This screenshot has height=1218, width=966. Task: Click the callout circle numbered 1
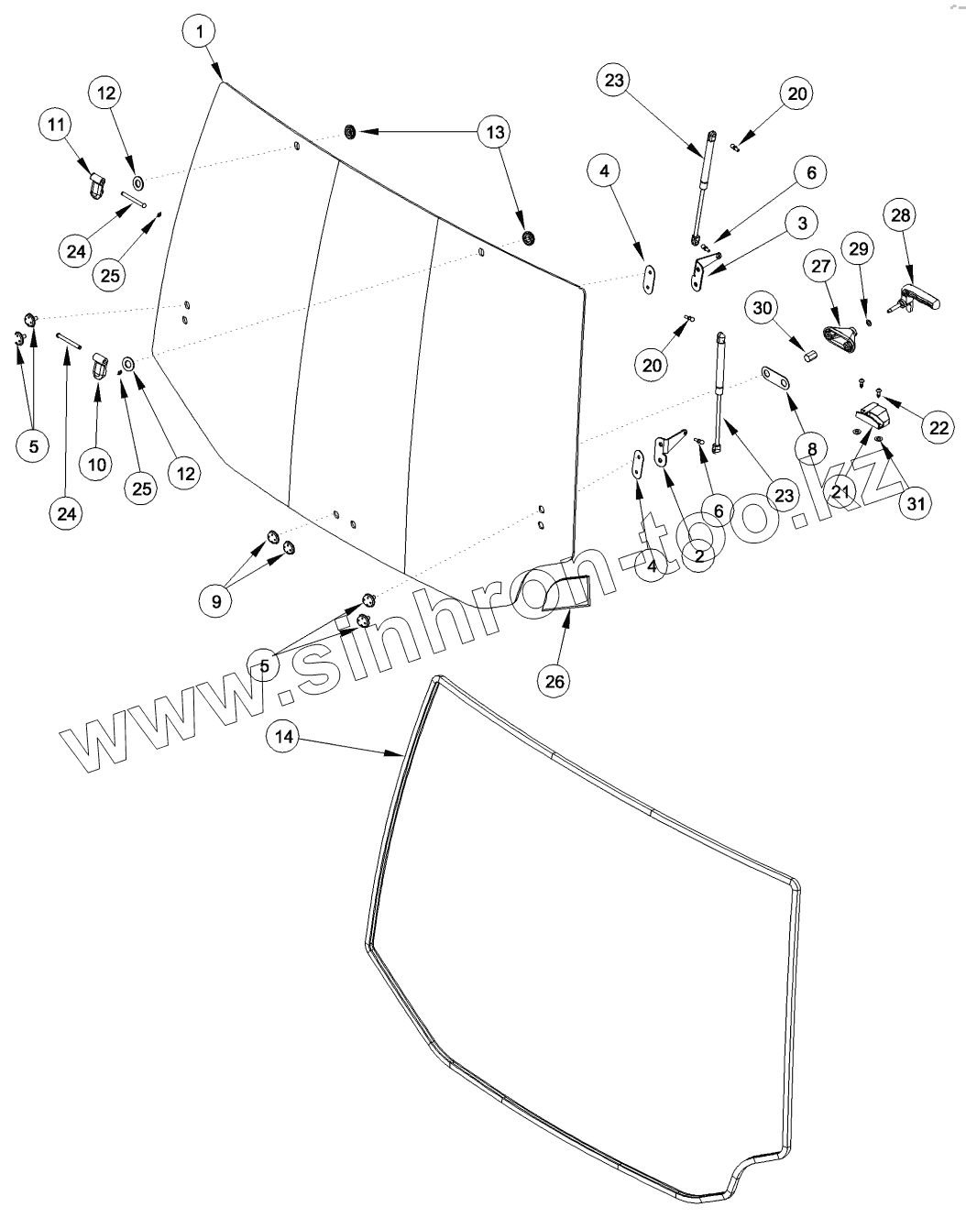pyautogui.click(x=198, y=32)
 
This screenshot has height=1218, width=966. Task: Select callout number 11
pyautogui.click(x=54, y=125)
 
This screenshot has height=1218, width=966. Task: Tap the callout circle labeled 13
pyautogui.click(x=495, y=133)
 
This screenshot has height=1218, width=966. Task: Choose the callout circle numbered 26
pyautogui.click(x=556, y=681)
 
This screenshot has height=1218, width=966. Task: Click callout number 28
pyautogui.click(x=901, y=215)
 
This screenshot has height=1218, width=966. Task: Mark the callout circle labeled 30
pyautogui.click(x=763, y=309)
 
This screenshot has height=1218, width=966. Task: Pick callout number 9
pyautogui.click(x=216, y=601)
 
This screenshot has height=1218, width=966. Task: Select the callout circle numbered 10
pyautogui.click(x=97, y=464)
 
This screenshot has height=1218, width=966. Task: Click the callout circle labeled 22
pyautogui.click(x=936, y=427)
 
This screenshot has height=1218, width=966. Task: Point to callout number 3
pyautogui.click(x=802, y=223)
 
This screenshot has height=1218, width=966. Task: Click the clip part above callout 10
pyautogui.click(x=100, y=370)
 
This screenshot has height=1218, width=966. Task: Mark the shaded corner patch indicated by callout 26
pyautogui.click(x=567, y=593)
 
